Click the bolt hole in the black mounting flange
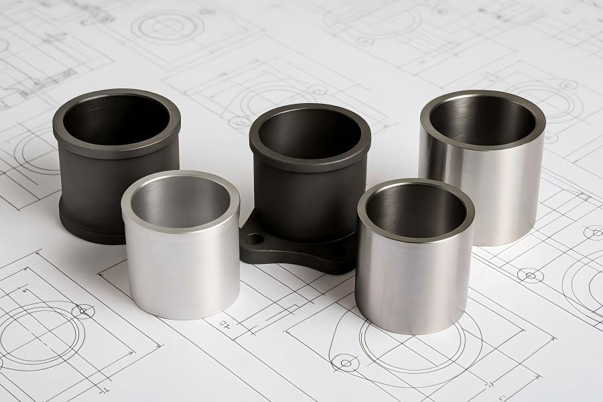(255, 239)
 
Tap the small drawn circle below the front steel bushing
(346, 363)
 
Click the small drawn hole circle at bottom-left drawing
(83, 311)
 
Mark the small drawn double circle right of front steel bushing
(530, 275)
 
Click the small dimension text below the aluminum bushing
(224, 324)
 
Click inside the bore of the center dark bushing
(310, 134)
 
